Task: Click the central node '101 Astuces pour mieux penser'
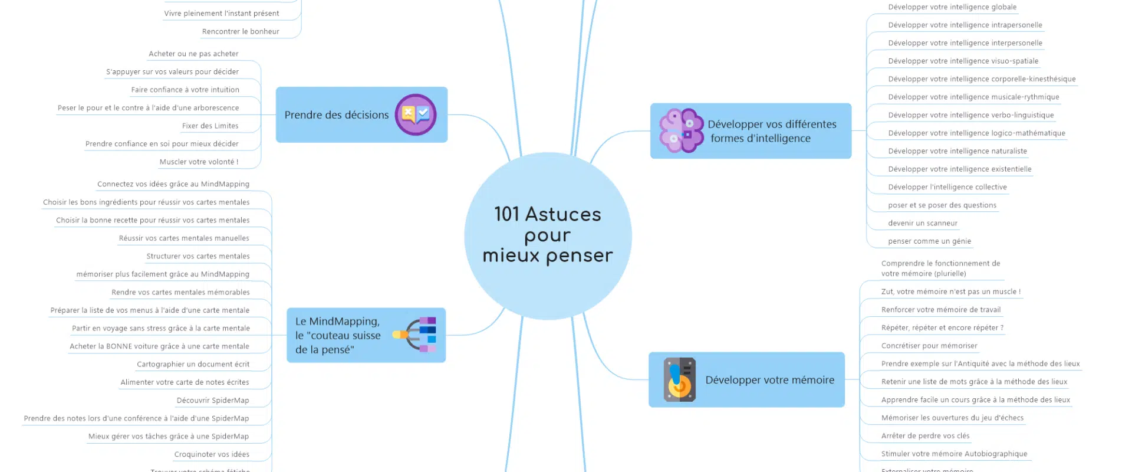click(x=548, y=235)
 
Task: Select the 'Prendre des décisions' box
click(x=337, y=115)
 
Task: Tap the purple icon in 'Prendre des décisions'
click(x=415, y=114)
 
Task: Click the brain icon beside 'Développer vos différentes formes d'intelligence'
click(x=681, y=130)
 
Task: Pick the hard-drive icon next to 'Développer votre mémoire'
click(x=679, y=380)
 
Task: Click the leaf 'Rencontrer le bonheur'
click(x=241, y=32)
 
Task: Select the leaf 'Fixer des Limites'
click(x=210, y=126)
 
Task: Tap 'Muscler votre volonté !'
click(x=199, y=162)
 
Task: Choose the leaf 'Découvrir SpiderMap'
click(x=212, y=400)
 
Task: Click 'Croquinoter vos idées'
click(x=212, y=454)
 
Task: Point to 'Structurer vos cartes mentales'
click(x=198, y=256)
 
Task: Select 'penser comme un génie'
click(x=929, y=241)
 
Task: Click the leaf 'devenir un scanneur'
click(x=923, y=223)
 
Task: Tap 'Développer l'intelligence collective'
click(x=947, y=187)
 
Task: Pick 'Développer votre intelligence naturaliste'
click(x=957, y=151)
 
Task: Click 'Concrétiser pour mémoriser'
click(x=929, y=346)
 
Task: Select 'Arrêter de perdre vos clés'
click(x=925, y=436)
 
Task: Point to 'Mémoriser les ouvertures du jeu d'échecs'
click(x=952, y=418)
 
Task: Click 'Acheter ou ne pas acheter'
click(x=193, y=54)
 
